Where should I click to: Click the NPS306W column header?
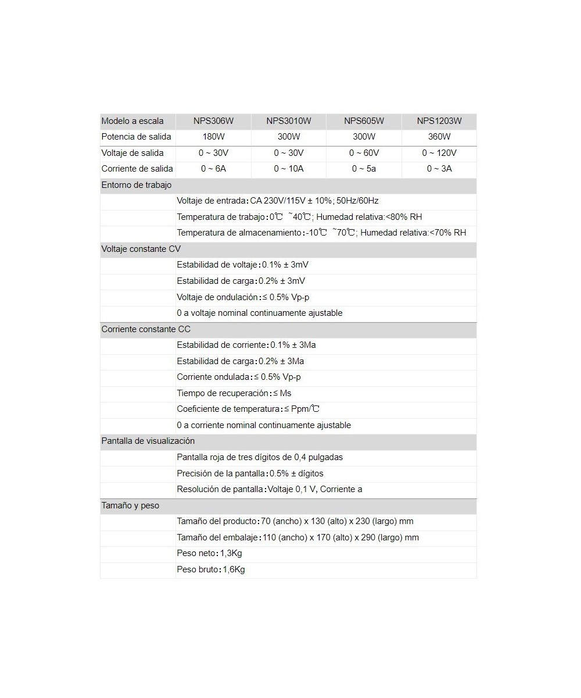(x=213, y=121)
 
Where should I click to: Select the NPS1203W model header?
(x=439, y=121)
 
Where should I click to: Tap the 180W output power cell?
(x=213, y=137)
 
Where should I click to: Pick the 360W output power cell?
(x=439, y=137)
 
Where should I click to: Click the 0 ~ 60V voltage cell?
(x=364, y=153)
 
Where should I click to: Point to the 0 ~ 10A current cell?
(x=289, y=169)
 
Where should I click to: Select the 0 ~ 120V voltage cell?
(x=439, y=153)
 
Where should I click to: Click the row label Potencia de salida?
(x=136, y=137)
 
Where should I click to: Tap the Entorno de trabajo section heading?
(x=137, y=185)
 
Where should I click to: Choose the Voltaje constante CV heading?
(x=141, y=249)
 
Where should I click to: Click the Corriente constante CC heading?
(x=146, y=329)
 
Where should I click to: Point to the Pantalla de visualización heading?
(x=148, y=441)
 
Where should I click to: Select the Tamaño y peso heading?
(x=130, y=505)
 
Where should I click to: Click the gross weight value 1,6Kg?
(x=234, y=569)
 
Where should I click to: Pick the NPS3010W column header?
(x=289, y=121)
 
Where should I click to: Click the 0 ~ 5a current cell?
(x=364, y=169)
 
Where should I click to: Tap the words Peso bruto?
(x=197, y=569)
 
